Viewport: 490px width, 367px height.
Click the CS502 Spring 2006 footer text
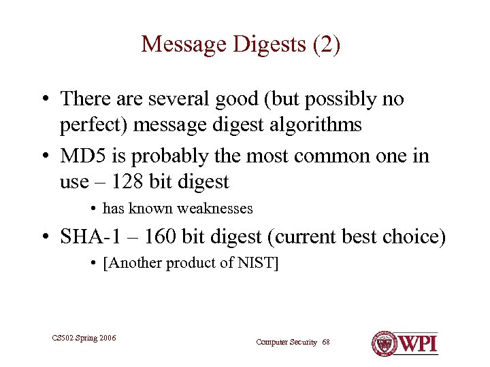point(84,337)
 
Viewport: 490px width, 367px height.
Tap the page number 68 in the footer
point(325,342)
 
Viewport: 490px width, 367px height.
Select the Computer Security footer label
point(286,342)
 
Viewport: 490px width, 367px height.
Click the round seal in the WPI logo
point(385,343)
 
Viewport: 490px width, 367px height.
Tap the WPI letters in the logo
point(418,343)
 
